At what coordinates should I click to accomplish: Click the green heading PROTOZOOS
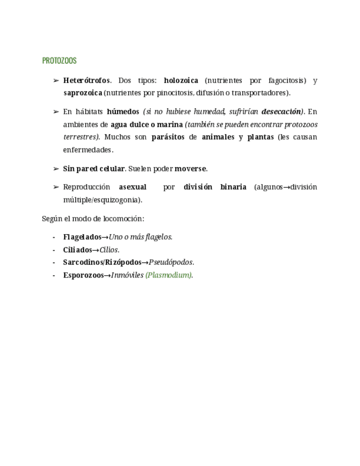point(59,61)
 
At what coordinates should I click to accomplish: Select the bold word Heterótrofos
point(87,81)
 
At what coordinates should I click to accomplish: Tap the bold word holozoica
point(181,81)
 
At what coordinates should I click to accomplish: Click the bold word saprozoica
point(82,93)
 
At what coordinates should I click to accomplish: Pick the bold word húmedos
point(123,112)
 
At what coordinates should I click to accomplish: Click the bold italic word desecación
point(281,112)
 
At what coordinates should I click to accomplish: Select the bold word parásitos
point(168,137)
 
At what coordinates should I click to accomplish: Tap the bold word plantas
point(260,137)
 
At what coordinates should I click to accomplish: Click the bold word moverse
point(191,169)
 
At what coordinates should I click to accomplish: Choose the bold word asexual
point(132,187)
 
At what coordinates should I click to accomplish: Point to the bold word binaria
point(233,187)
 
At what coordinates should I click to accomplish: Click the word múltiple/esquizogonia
point(102,199)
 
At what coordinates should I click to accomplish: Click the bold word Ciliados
point(77,249)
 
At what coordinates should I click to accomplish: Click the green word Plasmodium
point(169,275)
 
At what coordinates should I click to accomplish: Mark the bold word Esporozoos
point(83,275)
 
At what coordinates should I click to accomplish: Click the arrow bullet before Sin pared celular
point(56,169)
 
